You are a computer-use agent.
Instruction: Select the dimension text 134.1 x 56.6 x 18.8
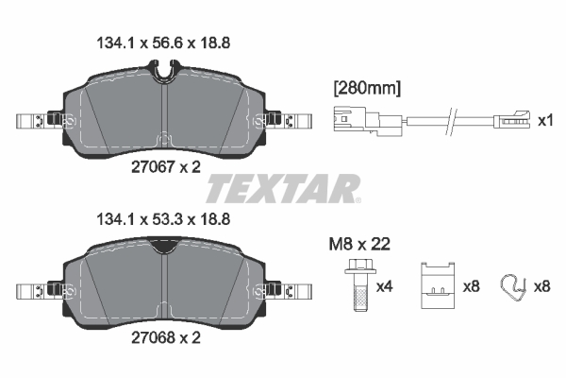(164, 43)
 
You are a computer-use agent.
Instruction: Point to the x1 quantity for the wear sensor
(543, 121)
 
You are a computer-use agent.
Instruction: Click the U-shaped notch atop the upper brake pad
(164, 68)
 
